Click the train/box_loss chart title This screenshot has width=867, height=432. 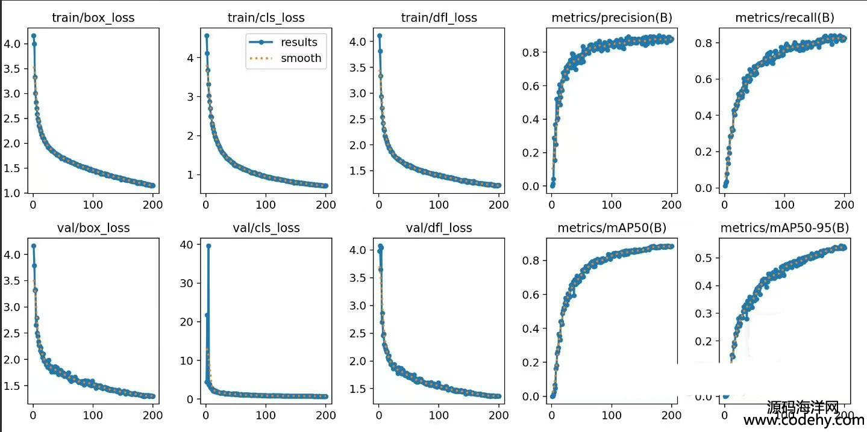pos(93,17)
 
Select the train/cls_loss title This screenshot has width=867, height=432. pos(266,17)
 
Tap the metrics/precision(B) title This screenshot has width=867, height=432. pos(612,17)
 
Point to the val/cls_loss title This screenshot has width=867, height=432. pos(266,228)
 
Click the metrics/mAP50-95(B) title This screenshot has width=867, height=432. pos(784,228)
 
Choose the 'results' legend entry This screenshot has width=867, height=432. pos(299,42)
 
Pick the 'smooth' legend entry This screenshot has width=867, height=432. pos(301,58)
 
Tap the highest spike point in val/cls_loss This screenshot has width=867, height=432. pos(208,245)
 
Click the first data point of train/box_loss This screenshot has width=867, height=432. pos(33,36)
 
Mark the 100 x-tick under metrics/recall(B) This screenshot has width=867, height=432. pos(784,205)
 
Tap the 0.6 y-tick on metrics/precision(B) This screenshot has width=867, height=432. pos(531,86)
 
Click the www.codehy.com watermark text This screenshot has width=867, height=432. pos(803,421)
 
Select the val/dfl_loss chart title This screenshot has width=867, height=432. pos(439,228)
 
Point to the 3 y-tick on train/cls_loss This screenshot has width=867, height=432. pos(193,97)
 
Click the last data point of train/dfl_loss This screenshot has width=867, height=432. pos(498,185)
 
